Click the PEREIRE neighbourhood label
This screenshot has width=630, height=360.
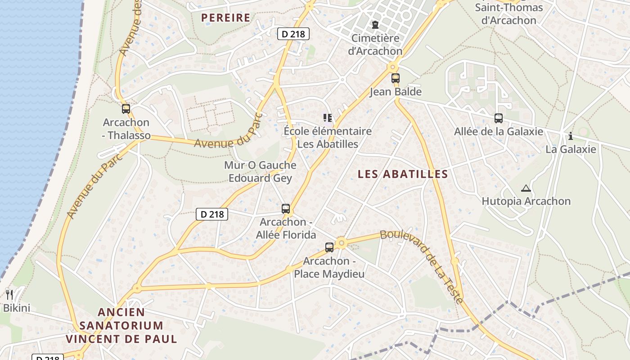point(225,18)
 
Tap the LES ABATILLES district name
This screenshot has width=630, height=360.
point(403,174)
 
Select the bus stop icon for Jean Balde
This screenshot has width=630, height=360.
point(396,78)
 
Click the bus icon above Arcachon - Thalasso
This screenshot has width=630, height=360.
point(126,108)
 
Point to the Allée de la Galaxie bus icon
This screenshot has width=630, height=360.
point(499,118)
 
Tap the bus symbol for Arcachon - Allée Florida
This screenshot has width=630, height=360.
point(286,209)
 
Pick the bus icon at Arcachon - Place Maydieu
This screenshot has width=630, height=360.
point(329,247)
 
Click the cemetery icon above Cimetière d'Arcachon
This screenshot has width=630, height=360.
point(375,24)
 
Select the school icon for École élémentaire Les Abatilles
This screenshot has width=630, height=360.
point(328,118)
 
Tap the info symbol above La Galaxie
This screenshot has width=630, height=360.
point(571,136)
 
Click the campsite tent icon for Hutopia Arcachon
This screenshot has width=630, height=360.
point(526,188)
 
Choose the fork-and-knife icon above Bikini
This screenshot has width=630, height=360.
point(9,295)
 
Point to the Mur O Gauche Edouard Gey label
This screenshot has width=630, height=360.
point(260,171)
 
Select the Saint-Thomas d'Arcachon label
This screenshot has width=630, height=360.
point(509,14)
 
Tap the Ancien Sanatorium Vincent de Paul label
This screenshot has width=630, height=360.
point(121,325)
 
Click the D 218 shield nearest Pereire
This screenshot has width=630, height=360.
point(293,34)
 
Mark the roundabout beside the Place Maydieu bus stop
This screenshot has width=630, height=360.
point(342,243)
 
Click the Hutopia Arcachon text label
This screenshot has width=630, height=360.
point(526,201)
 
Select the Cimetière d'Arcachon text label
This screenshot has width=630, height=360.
point(375,45)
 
